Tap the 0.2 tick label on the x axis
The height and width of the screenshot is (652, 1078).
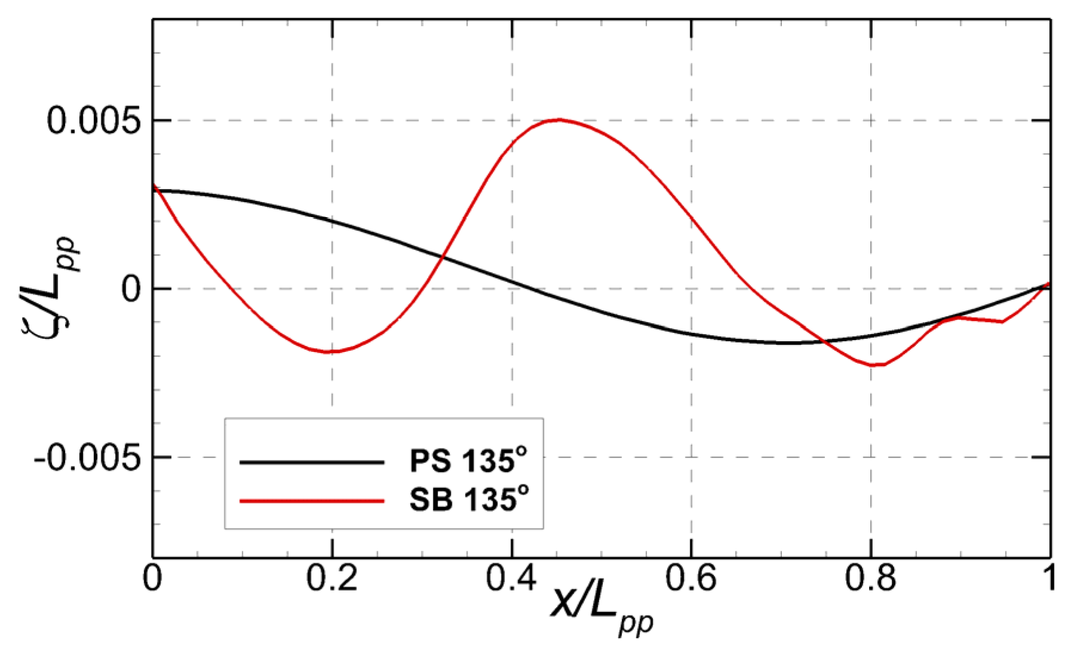332,578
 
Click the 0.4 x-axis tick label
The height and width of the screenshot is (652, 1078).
512,578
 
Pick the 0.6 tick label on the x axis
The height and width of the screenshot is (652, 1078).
691,578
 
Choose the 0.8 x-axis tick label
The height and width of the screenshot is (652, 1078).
870,578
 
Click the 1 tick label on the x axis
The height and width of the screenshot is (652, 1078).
1049,578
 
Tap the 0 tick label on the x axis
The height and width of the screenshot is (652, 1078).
153,578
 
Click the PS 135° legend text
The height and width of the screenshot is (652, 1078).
469,461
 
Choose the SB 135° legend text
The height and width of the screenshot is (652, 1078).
469,500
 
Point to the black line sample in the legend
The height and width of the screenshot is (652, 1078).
312,462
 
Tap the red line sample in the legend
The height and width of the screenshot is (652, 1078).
312,500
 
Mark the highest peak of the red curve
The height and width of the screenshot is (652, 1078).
559,119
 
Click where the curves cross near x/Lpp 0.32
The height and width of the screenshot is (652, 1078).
442,257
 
